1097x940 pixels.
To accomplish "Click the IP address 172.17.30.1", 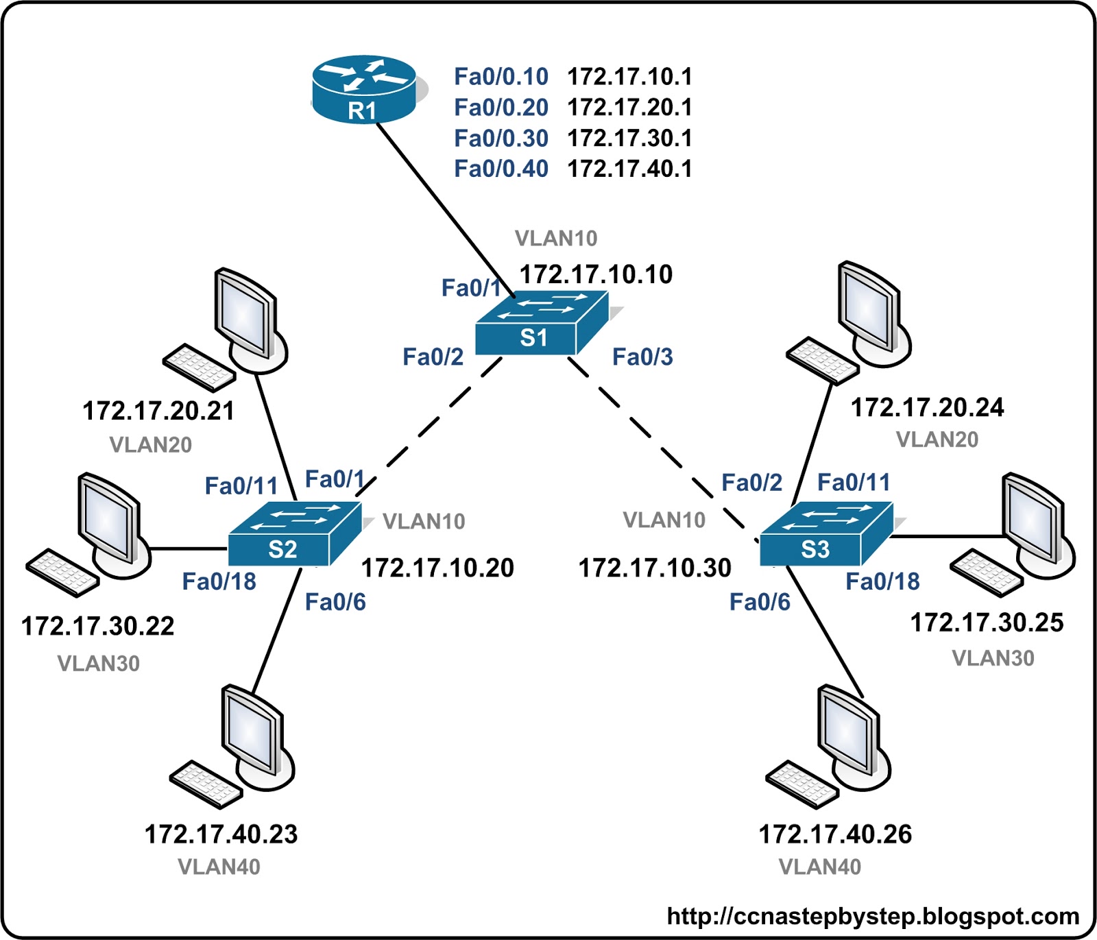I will pos(629,138).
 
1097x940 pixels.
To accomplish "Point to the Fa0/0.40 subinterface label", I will pos(501,169).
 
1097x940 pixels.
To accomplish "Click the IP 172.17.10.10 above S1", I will pos(596,274).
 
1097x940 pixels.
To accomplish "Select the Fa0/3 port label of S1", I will pos(642,357).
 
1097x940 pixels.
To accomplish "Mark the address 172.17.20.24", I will pos(927,408).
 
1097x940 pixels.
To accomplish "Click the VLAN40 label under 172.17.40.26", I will pos(819,867).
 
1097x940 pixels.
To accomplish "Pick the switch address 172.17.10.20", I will pos(437,568).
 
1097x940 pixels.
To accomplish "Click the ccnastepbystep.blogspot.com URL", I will pos(873,917).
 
